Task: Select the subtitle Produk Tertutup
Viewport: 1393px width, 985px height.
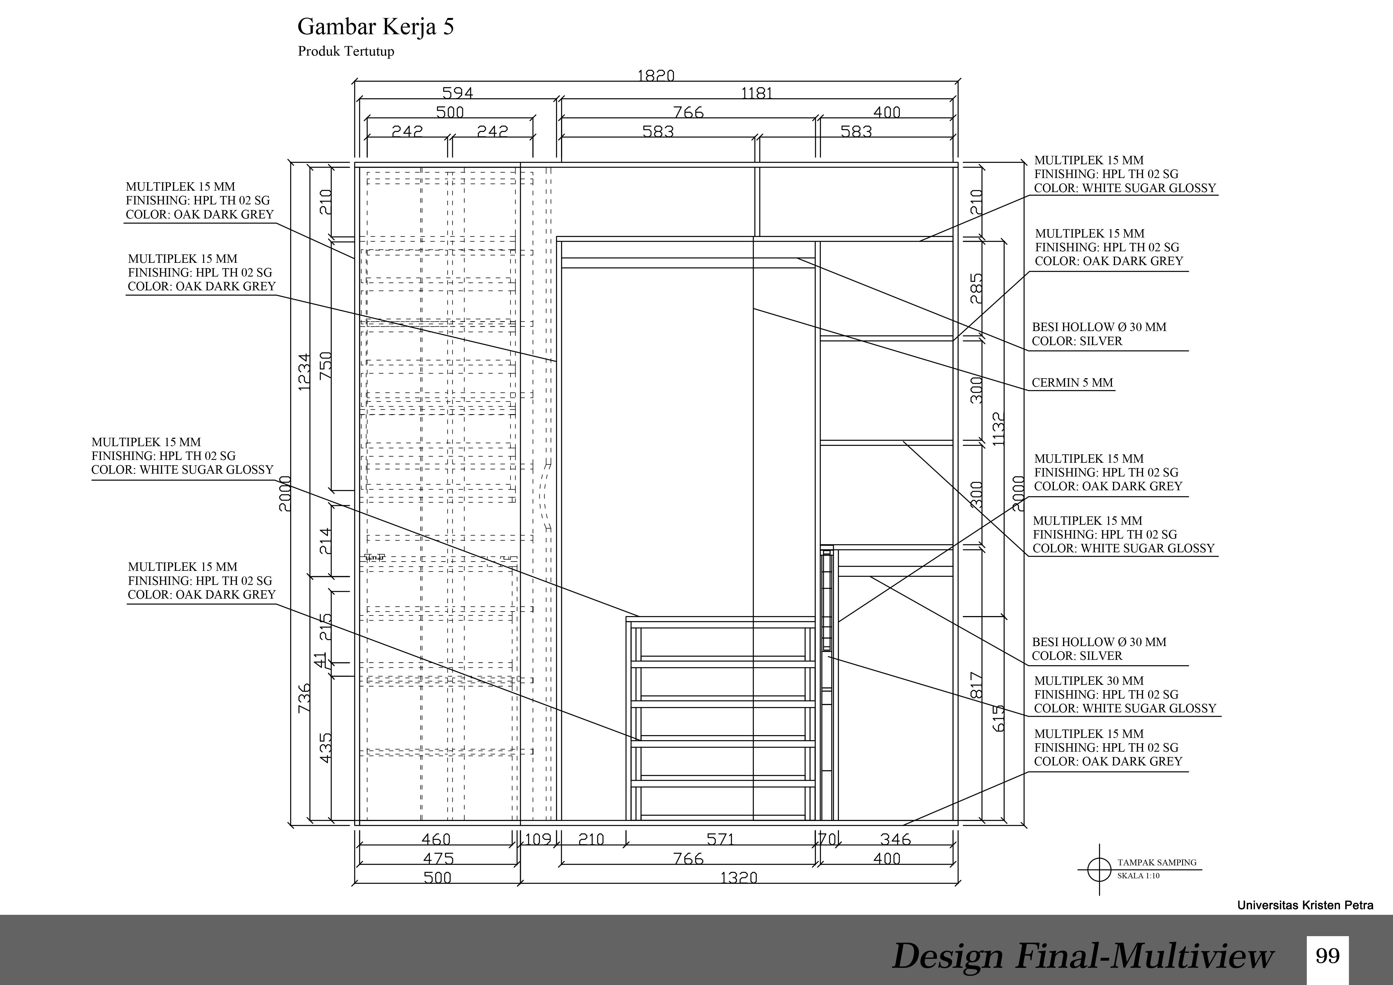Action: click(346, 51)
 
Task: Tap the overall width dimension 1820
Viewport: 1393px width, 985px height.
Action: click(656, 76)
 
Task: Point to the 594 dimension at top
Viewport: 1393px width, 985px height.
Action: click(457, 93)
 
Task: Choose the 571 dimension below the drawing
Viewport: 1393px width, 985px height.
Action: click(721, 840)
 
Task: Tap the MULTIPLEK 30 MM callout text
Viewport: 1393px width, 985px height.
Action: click(1089, 681)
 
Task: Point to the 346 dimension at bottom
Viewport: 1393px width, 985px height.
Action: click(895, 840)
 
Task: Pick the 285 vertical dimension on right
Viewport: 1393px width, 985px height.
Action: click(975, 288)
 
